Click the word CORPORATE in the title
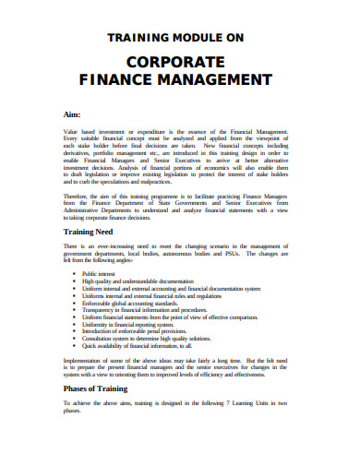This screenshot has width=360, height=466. [180, 63]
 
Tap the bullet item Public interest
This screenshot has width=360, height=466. [102, 275]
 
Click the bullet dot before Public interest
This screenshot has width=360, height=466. [74, 275]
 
